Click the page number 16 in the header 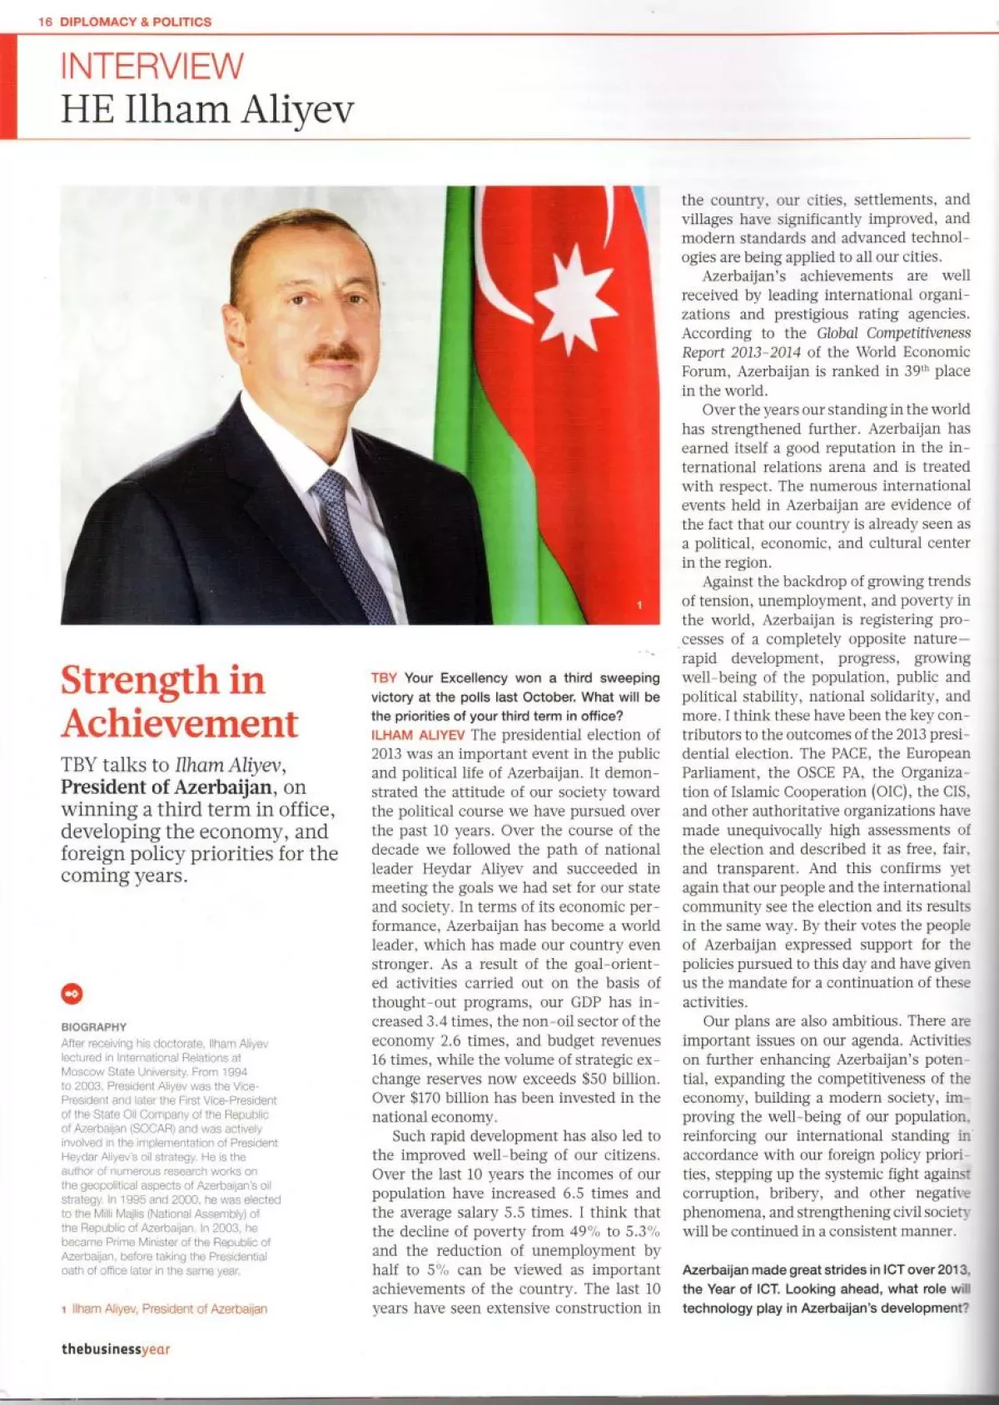point(45,22)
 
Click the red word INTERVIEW point(152,66)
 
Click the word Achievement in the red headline point(179,723)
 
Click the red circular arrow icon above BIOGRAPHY point(72,993)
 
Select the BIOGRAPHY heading point(94,1027)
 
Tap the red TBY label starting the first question point(384,678)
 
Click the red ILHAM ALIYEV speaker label point(418,735)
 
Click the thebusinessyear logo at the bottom point(115,1349)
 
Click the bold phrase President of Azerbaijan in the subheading point(166,787)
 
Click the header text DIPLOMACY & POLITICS point(136,22)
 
